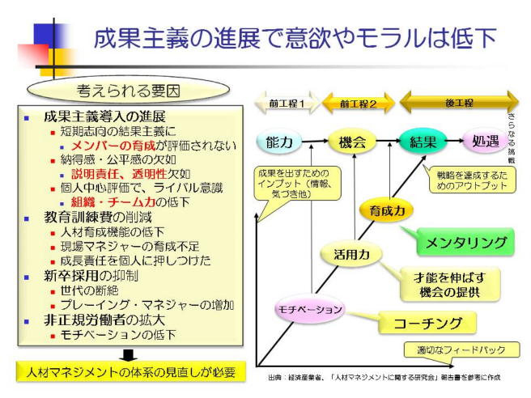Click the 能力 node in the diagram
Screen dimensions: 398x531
(279, 142)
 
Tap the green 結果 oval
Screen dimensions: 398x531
(423, 142)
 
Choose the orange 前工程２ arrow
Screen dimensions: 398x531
(358, 104)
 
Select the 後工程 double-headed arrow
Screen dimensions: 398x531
(458, 103)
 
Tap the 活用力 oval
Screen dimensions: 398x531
(352, 254)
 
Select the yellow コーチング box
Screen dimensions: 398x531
(427, 324)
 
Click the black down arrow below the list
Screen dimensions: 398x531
(130, 354)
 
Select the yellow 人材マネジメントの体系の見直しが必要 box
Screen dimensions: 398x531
(130, 373)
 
